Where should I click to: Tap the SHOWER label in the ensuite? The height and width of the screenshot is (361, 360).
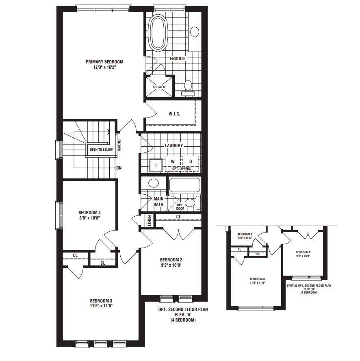coord(159,87)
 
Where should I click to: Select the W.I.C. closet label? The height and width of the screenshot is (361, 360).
coord(173,114)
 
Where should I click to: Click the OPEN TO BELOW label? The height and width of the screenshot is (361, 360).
coord(101,150)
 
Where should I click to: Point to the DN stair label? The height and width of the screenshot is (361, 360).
coord(119,167)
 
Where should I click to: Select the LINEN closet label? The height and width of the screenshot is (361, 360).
coord(150,221)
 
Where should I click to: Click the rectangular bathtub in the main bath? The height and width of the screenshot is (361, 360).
coord(184,185)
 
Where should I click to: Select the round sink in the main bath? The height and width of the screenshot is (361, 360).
coord(153,183)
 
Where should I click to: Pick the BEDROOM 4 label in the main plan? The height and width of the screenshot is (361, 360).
coord(89,213)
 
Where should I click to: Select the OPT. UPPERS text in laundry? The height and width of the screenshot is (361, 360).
coord(182,168)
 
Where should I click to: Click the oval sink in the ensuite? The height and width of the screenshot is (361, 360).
coord(195,32)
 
